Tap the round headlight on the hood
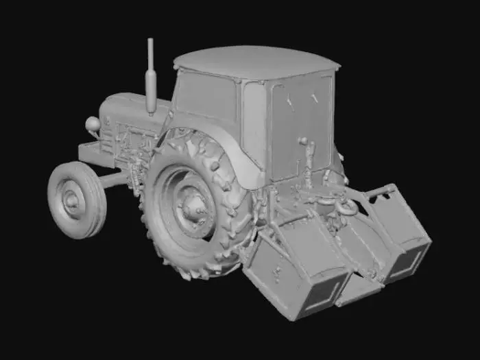click(92, 124)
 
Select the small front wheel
click(76, 200)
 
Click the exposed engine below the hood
click(134, 147)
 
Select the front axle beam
click(117, 180)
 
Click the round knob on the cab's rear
click(302, 141)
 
